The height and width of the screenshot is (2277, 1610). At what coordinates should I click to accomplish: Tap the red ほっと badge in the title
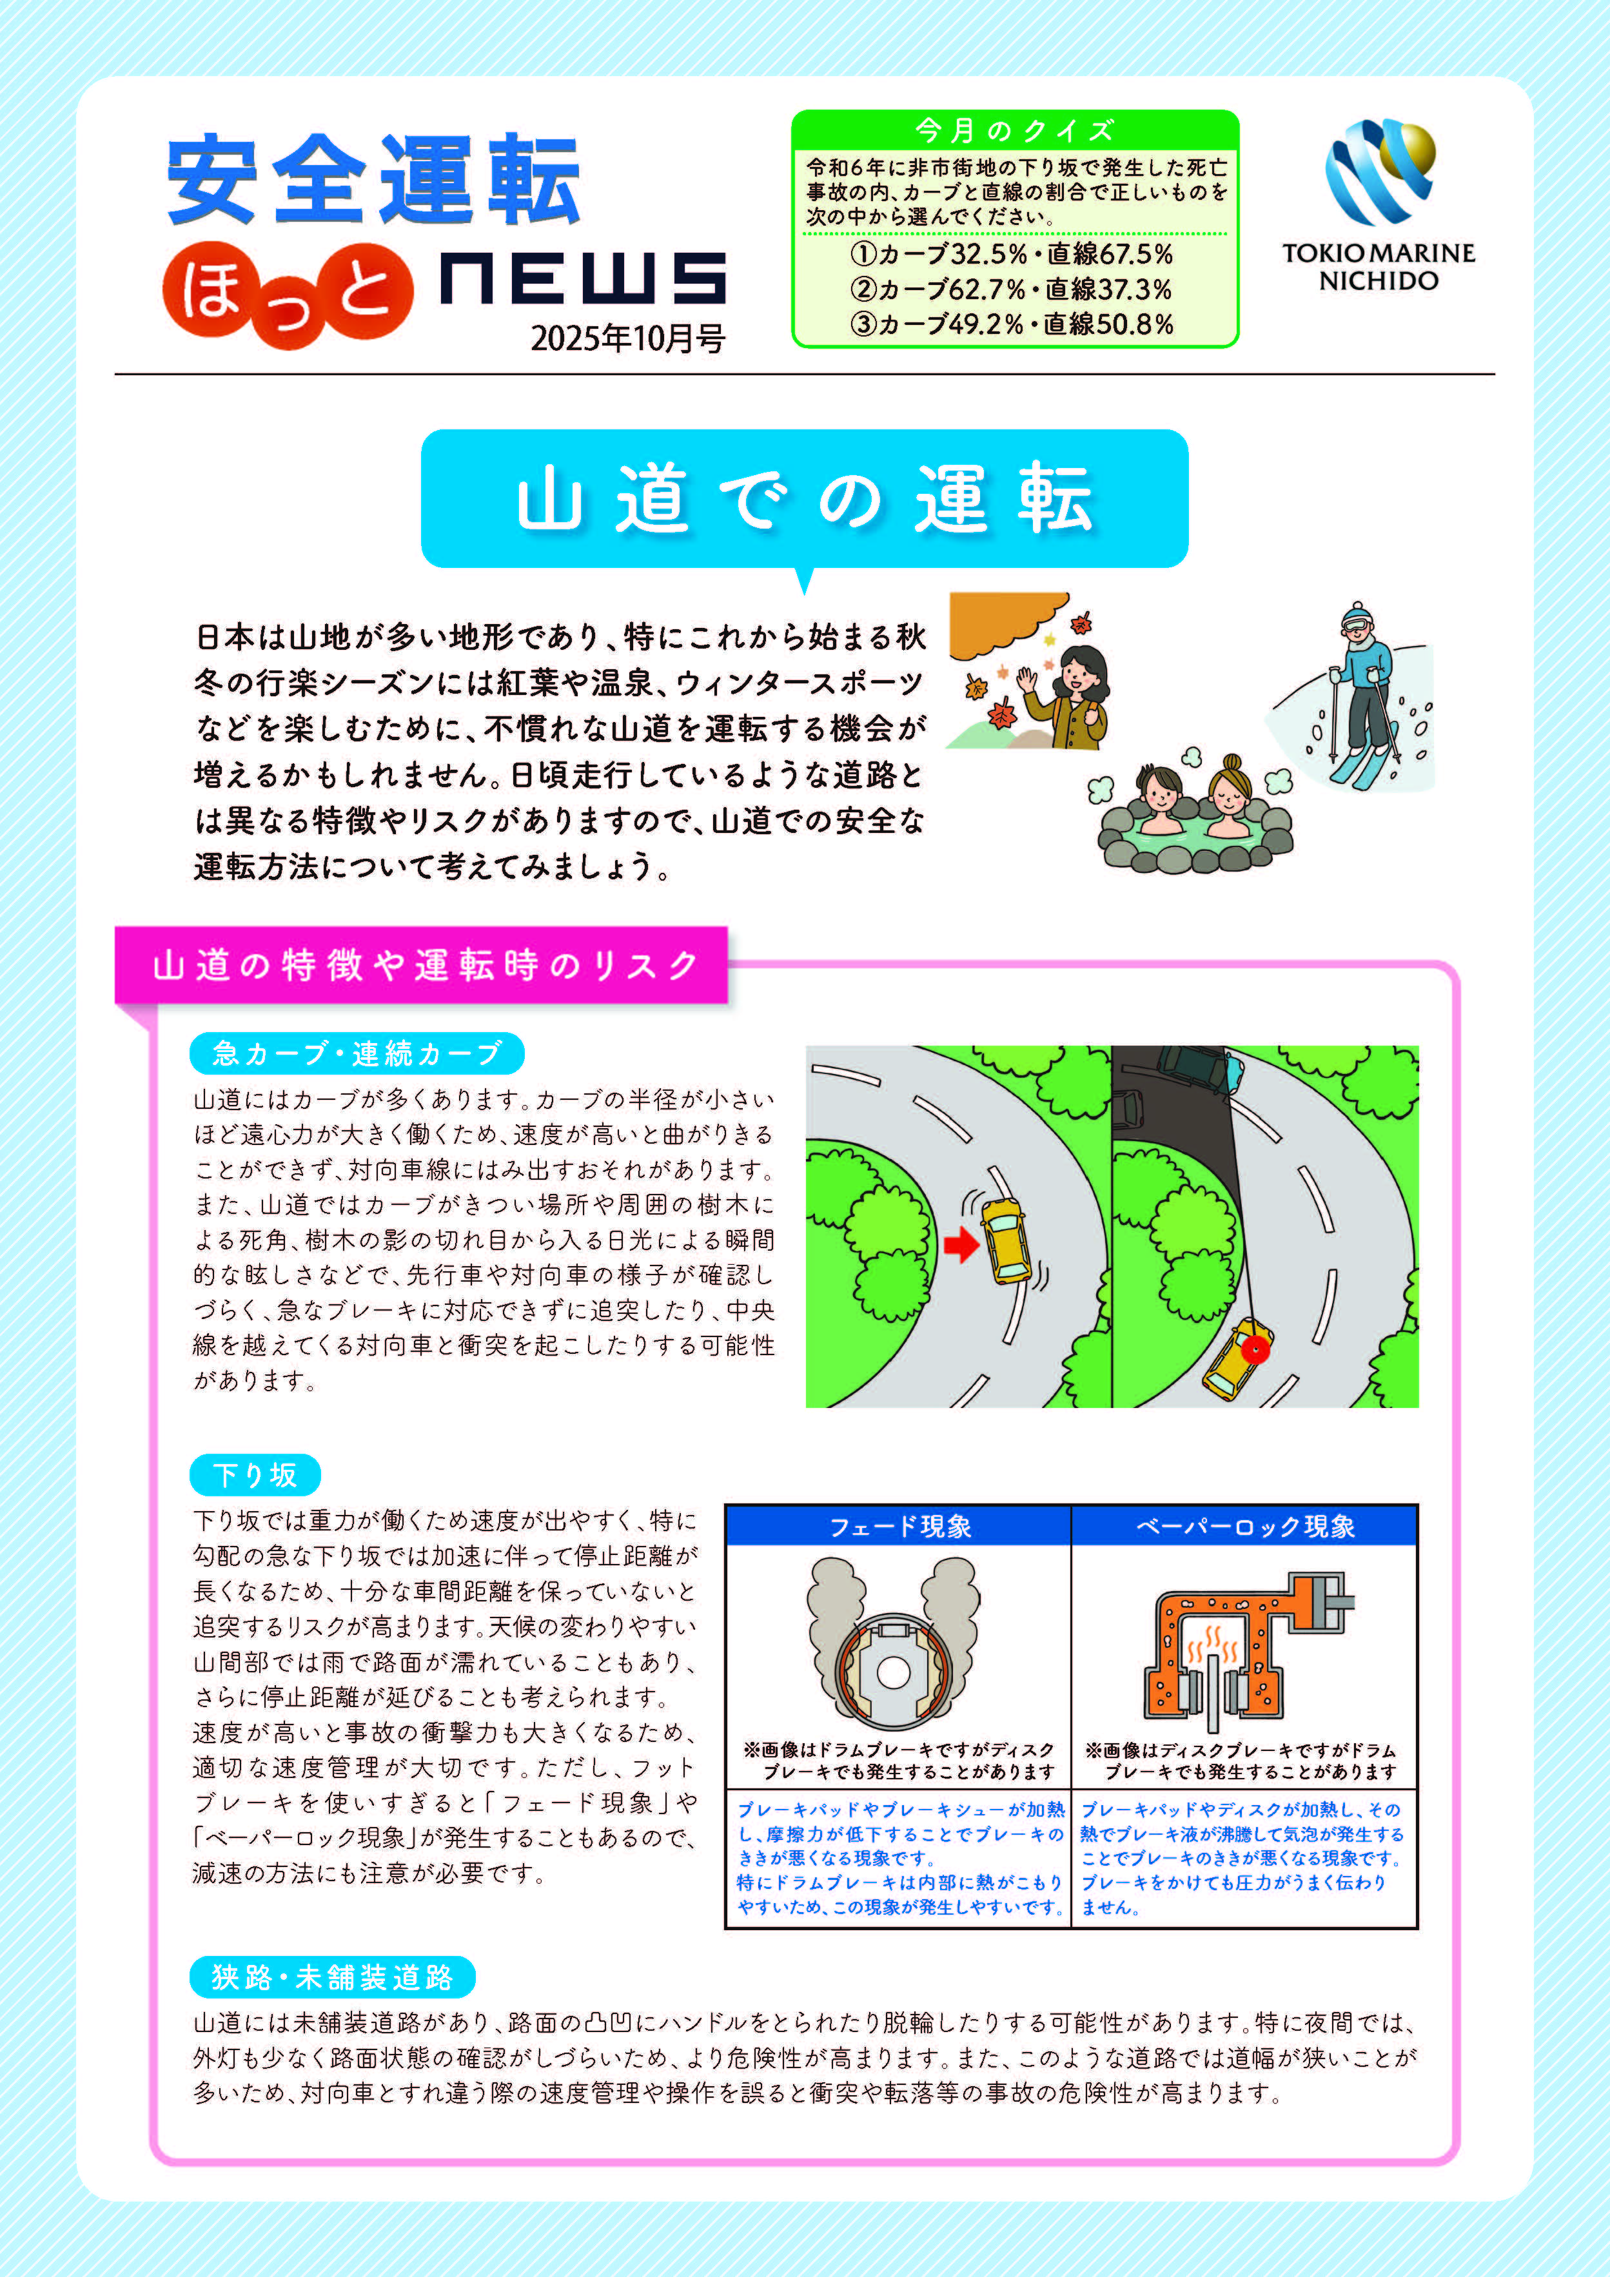coord(288,295)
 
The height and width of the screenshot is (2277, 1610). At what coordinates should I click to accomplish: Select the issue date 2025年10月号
coord(628,338)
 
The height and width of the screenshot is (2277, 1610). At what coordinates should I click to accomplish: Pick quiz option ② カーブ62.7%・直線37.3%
coord(1011,289)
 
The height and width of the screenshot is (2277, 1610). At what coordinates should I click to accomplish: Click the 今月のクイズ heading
coord(1015,130)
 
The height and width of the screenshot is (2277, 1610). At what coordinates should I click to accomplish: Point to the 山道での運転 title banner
coord(805,499)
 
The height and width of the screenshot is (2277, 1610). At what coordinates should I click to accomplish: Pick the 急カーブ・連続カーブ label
coord(357,1053)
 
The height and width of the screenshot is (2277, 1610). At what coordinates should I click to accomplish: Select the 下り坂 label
coord(255,1474)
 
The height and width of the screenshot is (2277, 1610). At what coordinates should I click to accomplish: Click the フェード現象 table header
coord(899,1526)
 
